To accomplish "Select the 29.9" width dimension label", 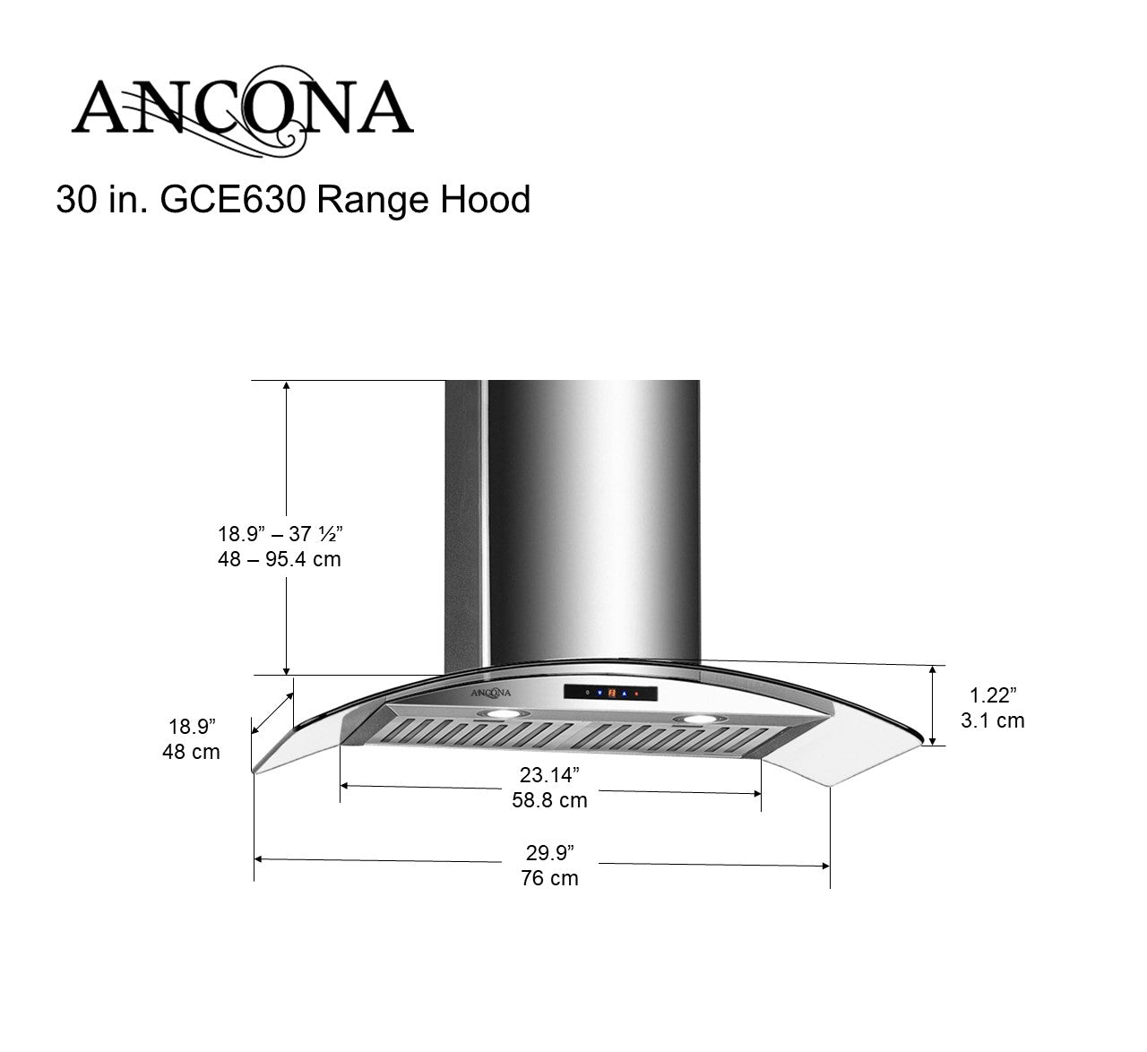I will coord(549,852).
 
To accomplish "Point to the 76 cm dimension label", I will coord(549,878).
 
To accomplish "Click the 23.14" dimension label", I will coord(549,774).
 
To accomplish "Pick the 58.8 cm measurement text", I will coord(549,800).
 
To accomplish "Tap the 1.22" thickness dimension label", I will coord(993,694).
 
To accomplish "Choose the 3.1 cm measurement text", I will coord(993,720).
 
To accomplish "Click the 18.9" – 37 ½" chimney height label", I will coord(280,534).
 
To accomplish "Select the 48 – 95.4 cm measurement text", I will coord(280,559).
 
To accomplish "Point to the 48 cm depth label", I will coord(191,752).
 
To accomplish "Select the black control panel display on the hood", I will coord(610,693).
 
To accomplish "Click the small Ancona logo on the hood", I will coord(491,692).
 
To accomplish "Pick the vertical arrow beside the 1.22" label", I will coord(934,705).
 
